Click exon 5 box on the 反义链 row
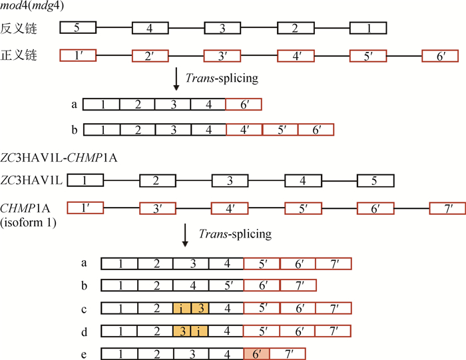click(x=78, y=28)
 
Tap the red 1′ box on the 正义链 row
click(x=78, y=55)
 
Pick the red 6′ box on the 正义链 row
click(x=440, y=55)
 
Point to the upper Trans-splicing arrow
click(x=176, y=79)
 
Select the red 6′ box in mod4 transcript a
click(x=244, y=104)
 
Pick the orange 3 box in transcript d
click(x=181, y=330)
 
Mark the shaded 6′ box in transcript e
click(x=256, y=353)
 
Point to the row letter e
click(x=83, y=353)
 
